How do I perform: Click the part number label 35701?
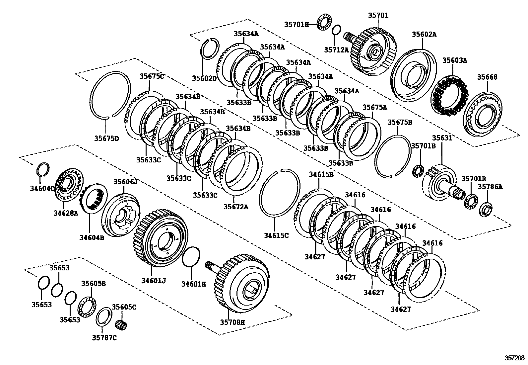[378, 15]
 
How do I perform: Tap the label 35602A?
[424, 34]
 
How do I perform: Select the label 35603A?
[454, 60]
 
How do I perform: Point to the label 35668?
[487, 77]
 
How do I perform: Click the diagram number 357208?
[515, 358]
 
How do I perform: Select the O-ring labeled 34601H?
[191, 256]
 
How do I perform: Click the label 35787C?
[104, 338]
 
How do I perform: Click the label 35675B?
[400, 122]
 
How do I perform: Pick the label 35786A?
[490, 187]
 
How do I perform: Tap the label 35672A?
[235, 207]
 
